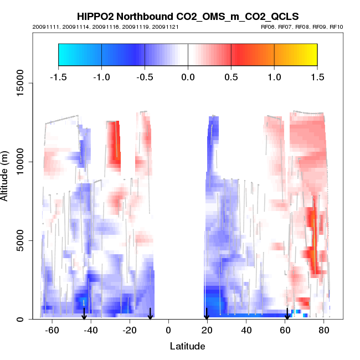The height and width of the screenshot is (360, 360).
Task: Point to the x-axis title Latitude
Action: (187, 346)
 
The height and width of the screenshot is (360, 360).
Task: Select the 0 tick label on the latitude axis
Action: (168, 331)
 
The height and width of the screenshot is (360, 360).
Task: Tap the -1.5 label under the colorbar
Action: (58, 76)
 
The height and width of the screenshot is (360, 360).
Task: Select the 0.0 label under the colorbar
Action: (188, 76)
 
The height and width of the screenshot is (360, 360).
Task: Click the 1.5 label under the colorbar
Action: (317, 76)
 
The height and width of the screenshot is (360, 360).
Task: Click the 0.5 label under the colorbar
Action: (231, 76)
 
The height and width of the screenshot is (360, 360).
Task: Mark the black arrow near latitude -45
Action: (84, 314)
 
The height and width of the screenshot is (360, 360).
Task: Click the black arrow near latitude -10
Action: (150, 314)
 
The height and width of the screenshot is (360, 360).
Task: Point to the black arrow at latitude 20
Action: (207, 314)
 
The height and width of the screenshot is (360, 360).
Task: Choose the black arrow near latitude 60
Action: (287, 314)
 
